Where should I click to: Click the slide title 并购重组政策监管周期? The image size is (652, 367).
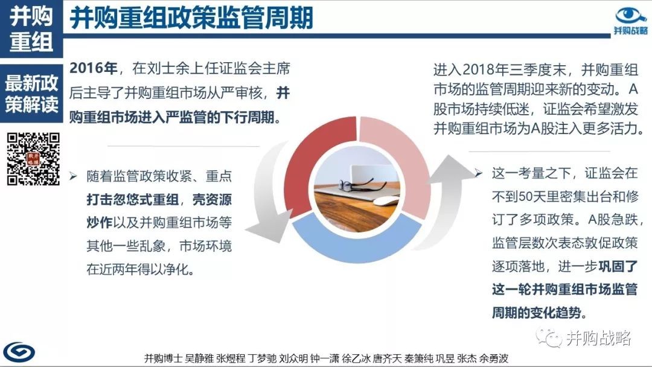(x=191, y=18)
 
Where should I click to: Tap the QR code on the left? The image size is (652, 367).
(x=33, y=159)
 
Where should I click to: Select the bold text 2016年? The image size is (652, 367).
(x=93, y=68)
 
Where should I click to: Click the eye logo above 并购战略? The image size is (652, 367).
(x=631, y=16)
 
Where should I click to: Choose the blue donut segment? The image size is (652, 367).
(x=357, y=243)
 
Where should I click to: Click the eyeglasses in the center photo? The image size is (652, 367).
(x=356, y=184)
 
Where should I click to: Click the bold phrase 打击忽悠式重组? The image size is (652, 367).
(x=133, y=200)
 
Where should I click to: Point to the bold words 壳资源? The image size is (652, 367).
(x=212, y=200)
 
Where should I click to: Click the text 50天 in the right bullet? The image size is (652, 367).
(x=534, y=196)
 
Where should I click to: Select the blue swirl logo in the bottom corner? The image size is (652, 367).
(x=19, y=353)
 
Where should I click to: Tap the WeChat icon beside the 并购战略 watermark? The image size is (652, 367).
(x=549, y=337)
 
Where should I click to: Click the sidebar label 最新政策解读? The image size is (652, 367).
(x=31, y=94)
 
